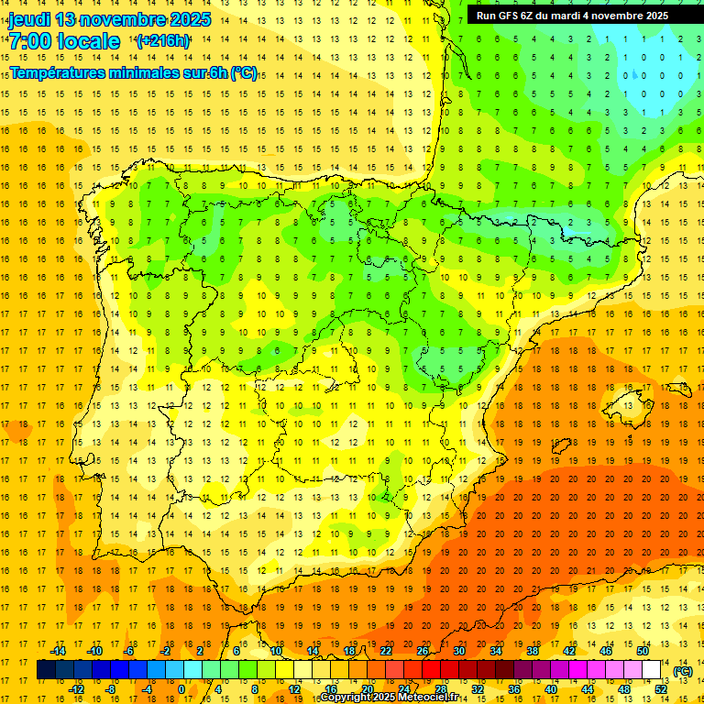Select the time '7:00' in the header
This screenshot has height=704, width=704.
(30, 41)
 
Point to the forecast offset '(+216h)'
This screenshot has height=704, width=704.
(162, 40)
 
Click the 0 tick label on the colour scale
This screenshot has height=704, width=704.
(181, 689)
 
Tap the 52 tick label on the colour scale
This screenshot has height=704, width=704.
(661, 689)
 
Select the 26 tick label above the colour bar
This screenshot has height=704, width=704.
(423, 651)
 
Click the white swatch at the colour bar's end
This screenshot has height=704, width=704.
(652, 670)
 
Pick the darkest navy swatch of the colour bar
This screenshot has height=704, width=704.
(46, 670)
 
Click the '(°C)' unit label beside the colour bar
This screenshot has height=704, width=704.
(682, 671)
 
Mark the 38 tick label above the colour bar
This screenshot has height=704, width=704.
(533, 651)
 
